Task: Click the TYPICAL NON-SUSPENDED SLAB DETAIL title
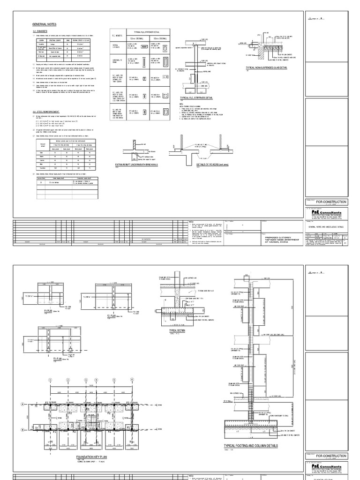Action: pyautogui.click(x=266, y=67)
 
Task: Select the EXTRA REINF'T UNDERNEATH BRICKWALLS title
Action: pyautogui.click(x=136, y=165)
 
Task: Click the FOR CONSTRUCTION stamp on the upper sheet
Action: pyautogui.click(x=331, y=202)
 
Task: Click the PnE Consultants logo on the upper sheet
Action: pyautogui.click(x=327, y=212)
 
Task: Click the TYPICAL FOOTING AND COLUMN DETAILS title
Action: pyautogui.click(x=251, y=446)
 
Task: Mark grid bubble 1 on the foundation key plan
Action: pyautogui.click(x=48, y=380)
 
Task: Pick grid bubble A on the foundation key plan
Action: pyautogui.click(x=22, y=404)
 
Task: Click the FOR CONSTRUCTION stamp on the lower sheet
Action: pyautogui.click(x=331, y=456)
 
